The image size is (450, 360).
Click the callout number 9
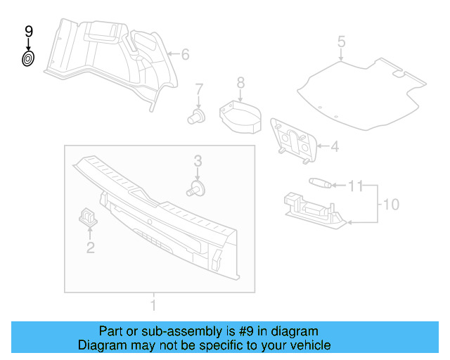[x=29, y=31]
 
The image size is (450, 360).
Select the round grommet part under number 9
[x=28, y=59]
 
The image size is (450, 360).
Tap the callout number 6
[x=186, y=54]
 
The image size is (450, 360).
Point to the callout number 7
[x=199, y=89]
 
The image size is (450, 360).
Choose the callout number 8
[x=240, y=84]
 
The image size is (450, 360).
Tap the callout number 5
[x=341, y=41]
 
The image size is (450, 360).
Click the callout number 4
[x=335, y=147]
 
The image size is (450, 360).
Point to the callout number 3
[x=198, y=161]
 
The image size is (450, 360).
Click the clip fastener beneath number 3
[x=197, y=188]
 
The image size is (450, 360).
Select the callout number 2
[x=90, y=247]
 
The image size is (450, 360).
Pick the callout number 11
[x=356, y=186]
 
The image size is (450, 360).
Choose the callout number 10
[x=390, y=205]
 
